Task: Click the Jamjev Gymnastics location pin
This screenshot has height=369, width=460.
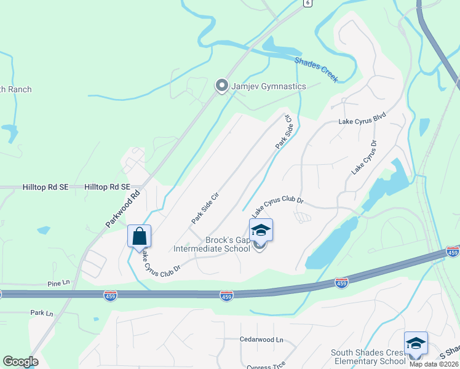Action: click(x=221, y=86)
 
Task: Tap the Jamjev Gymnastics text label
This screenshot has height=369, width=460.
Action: click(x=268, y=86)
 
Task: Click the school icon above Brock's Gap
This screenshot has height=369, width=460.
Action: click(x=261, y=229)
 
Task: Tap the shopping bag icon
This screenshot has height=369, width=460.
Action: click(x=139, y=236)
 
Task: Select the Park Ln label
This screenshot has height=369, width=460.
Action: click(x=42, y=313)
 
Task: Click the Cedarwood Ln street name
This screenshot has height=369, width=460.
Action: click(x=261, y=339)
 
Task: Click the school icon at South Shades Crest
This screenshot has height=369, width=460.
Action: click(x=416, y=343)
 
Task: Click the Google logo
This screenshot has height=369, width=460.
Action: click(x=20, y=362)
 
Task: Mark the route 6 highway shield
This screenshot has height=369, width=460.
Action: click(x=307, y=3)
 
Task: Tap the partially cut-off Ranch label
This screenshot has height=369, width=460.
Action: click(x=15, y=89)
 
